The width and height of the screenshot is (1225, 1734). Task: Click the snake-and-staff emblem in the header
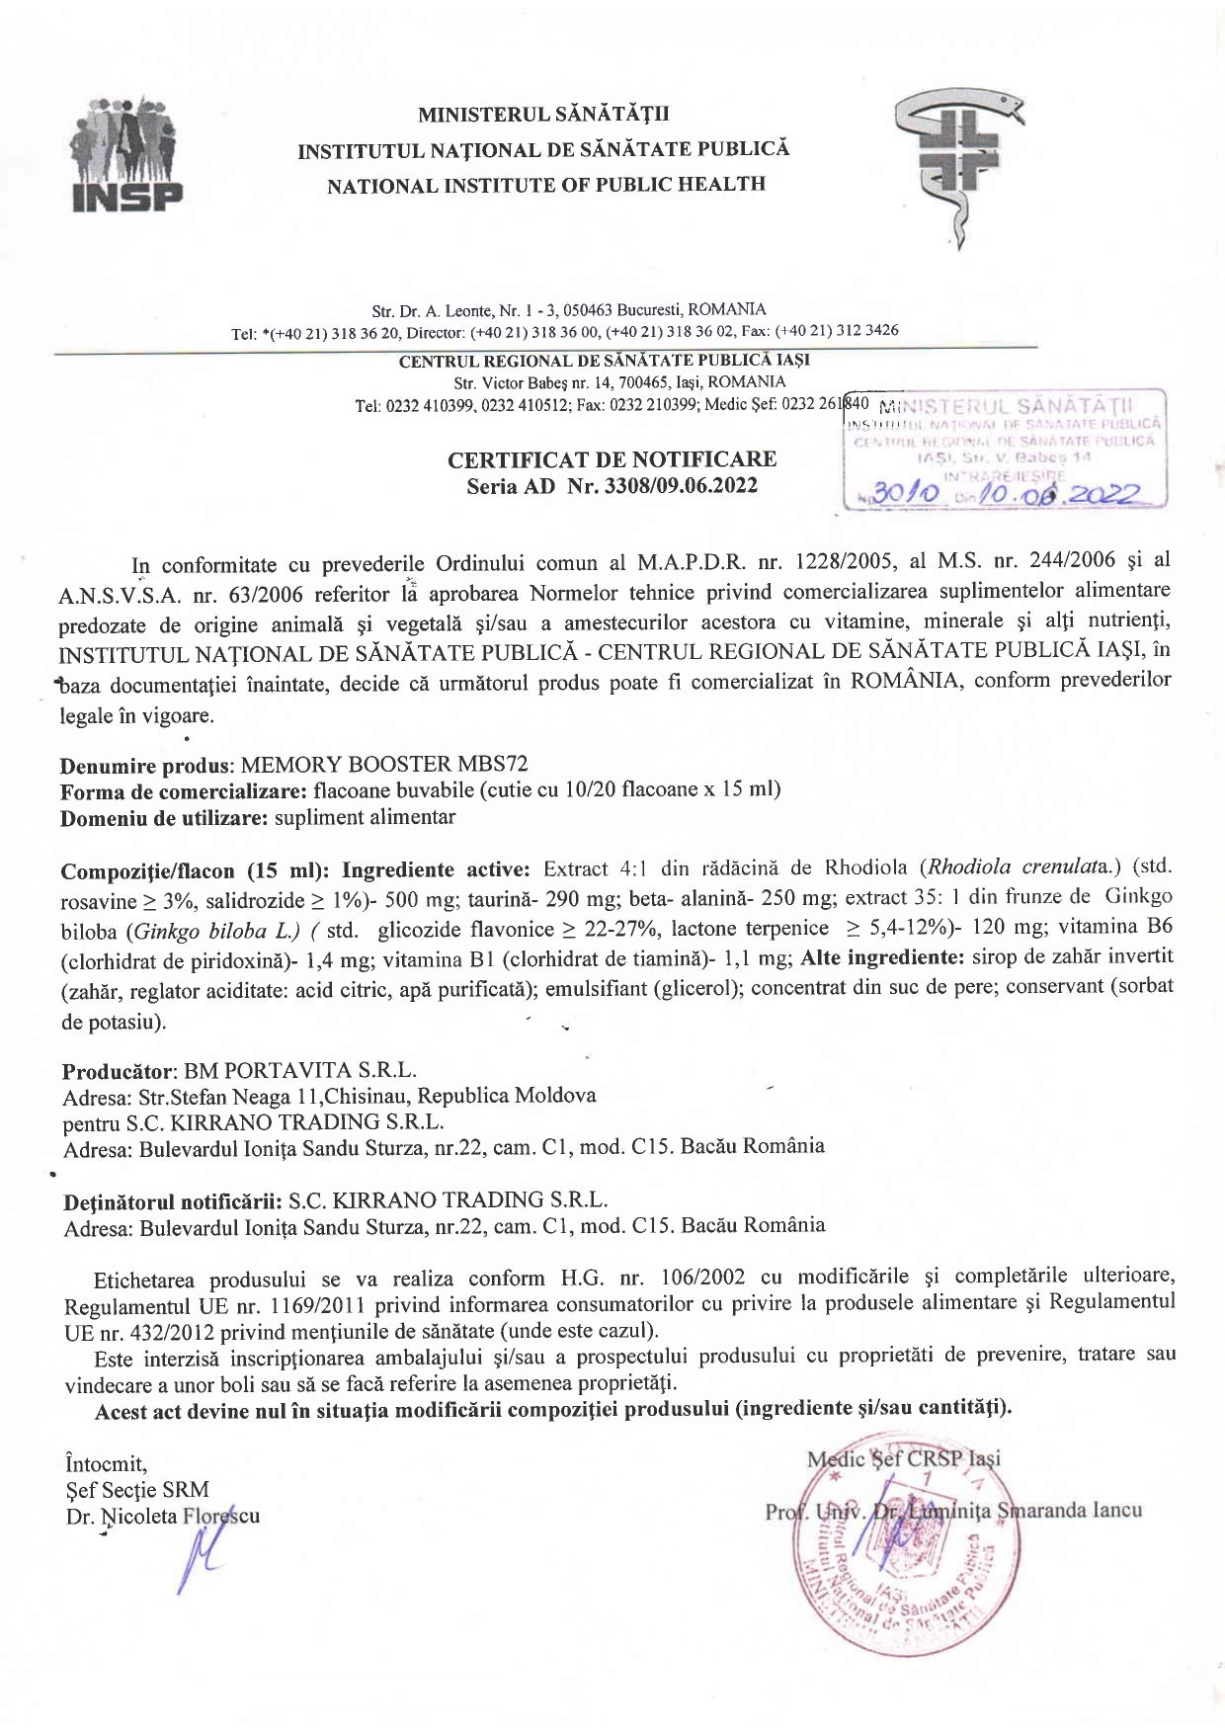tap(955, 163)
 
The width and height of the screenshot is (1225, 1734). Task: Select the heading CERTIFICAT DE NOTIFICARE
tap(612, 459)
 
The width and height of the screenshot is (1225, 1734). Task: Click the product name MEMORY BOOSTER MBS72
tap(384, 764)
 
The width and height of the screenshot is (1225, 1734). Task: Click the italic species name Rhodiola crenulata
tap(1023, 867)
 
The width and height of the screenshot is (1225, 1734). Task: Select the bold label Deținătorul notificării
tap(173, 1202)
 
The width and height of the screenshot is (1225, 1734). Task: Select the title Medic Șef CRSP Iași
tap(903, 1458)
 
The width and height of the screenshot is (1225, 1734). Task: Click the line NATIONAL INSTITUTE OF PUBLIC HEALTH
tap(546, 185)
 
